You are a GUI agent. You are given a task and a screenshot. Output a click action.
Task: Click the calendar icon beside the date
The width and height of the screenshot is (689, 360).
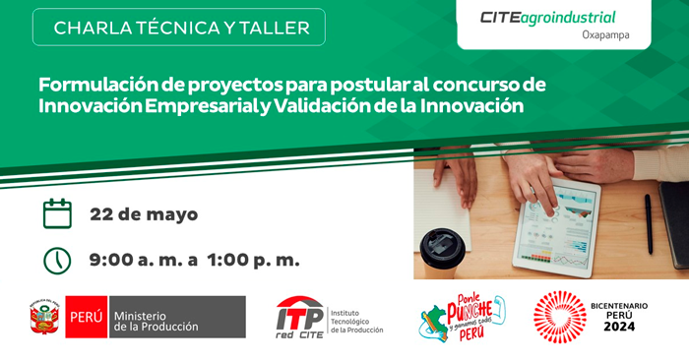[58, 212]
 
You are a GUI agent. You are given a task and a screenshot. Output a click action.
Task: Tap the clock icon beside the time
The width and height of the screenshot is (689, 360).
[58, 260]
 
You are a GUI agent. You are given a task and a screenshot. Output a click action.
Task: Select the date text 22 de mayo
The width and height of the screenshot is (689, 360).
[144, 213]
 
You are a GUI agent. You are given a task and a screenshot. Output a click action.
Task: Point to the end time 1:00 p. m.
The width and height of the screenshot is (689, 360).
[252, 261]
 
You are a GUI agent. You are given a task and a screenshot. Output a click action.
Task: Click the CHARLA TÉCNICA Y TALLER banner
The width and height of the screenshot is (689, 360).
[181, 27]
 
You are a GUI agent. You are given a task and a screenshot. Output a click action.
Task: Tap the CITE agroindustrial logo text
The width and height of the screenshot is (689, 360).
[547, 17]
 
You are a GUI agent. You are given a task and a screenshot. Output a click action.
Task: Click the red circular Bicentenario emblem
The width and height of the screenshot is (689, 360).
[559, 316]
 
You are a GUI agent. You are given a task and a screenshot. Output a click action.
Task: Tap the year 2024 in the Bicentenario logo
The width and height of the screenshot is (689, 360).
[620, 327]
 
